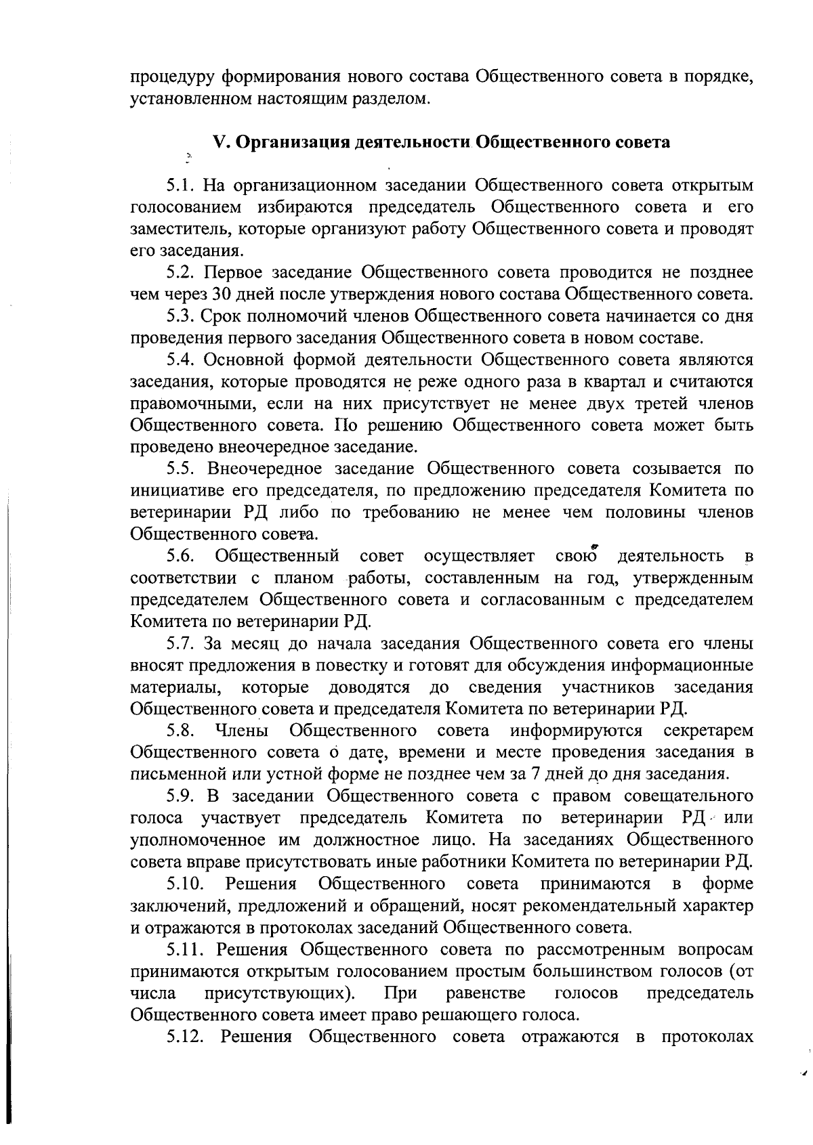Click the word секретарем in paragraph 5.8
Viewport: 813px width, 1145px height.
(708, 731)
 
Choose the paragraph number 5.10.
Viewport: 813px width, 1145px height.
(186, 884)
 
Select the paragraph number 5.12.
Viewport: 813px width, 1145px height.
(186, 1037)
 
